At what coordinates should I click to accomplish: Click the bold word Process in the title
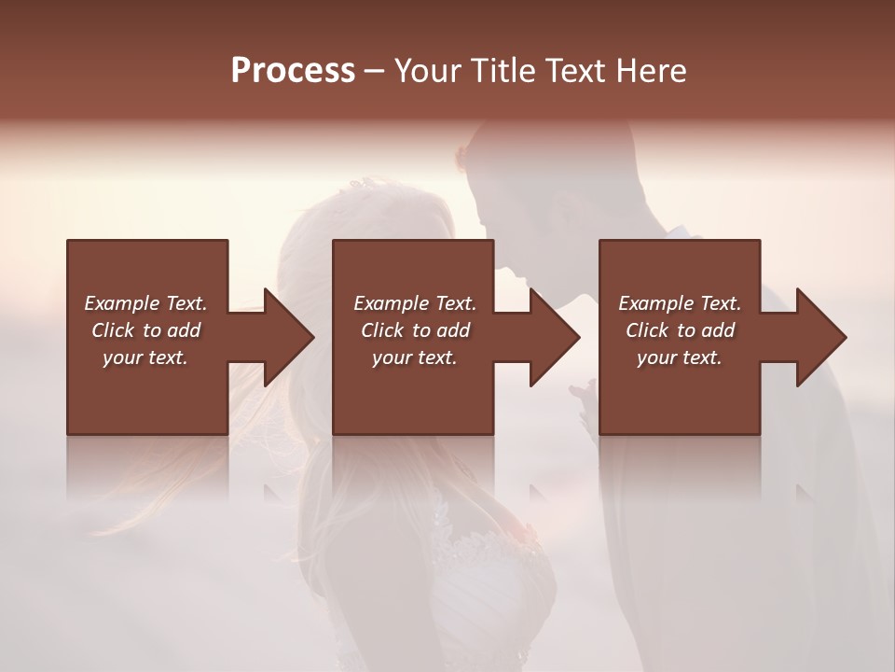[293, 71]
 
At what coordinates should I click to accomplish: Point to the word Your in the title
[426, 71]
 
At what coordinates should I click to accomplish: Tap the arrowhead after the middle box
[554, 337]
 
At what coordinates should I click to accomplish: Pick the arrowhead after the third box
[820, 337]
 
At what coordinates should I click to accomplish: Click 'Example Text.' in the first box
[145, 303]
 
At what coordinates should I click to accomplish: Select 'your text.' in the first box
[145, 357]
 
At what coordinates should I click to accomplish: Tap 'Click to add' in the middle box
[415, 330]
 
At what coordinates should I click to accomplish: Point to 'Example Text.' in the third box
[680, 303]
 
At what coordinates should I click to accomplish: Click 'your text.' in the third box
[680, 357]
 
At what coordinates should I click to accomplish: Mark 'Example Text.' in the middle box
[415, 303]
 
